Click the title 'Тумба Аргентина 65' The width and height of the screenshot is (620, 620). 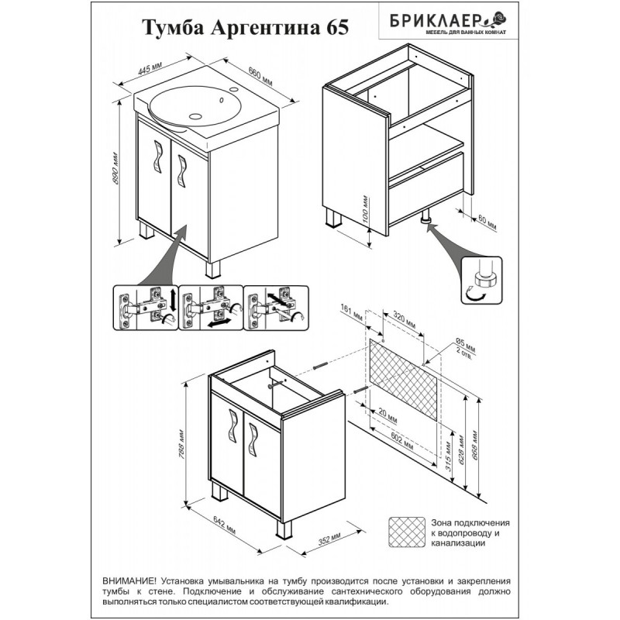(x=245, y=28)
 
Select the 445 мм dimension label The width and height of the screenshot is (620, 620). (x=150, y=68)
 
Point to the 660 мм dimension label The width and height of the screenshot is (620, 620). (x=260, y=75)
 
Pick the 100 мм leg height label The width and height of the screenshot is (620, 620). (x=365, y=208)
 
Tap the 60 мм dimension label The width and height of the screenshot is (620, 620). (x=487, y=222)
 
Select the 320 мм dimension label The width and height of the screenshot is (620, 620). (x=404, y=320)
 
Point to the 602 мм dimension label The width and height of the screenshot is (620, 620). (x=401, y=441)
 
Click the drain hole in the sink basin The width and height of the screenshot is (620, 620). (x=195, y=116)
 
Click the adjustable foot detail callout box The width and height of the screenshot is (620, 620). (x=481, y=281)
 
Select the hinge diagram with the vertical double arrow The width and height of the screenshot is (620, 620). (x=146, y=308)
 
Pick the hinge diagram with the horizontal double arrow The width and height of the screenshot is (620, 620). (x=211, y=308)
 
